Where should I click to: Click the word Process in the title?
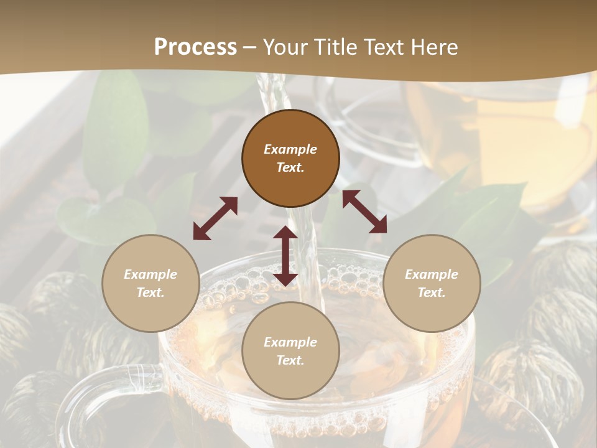(x=195, y=47)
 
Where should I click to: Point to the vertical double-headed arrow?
(x=285, y=256)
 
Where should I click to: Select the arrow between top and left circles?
(x=215, y=218)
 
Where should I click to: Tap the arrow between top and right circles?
(x=364, y=212)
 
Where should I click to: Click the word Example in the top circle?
(x=290, y=149)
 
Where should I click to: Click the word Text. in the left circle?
(x=150, y=292)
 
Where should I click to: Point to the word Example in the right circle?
(x=432, y=274)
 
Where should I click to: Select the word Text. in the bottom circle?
(x=290, y=360)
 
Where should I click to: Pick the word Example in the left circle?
(x=150, y=274)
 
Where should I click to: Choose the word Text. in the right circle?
(x=432, y=292)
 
